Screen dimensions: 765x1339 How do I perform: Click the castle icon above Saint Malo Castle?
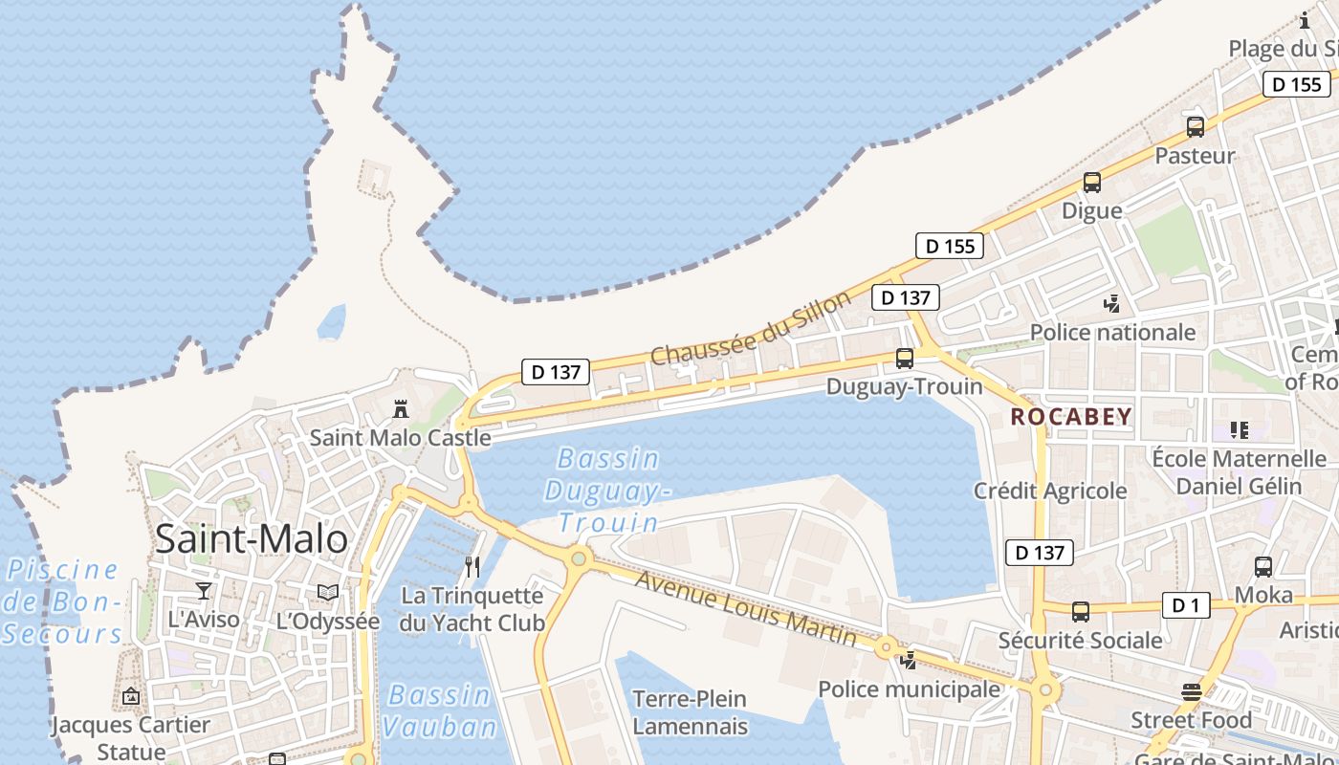tap(401, 409)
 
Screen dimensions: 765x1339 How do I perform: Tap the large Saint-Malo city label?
tap(252, 539)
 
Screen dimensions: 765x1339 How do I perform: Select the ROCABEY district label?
tap(1071, 417)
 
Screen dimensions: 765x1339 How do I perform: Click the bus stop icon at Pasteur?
tap(1196, 126)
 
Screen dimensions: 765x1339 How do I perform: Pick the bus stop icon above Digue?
tap(1092, 182)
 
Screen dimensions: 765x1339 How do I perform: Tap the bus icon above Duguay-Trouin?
tap(904, 359)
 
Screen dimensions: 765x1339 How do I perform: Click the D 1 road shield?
tap(1185, 604)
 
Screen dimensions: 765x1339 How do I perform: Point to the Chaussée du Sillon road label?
tap(750, 328)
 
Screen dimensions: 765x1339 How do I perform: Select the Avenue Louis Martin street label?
tap(746, 608)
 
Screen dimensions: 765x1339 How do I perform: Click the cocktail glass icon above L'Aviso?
tap(203, 591)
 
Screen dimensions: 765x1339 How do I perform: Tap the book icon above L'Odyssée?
tap(328, 593)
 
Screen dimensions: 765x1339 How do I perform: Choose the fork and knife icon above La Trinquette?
tap(472, 567)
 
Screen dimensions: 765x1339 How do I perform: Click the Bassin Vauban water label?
tap(440, 710)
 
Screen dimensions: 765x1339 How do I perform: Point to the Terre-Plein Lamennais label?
tap(690, 712)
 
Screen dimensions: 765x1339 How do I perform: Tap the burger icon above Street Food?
tap(1191, 691)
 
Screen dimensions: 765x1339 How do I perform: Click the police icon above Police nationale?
tap(1111, 304)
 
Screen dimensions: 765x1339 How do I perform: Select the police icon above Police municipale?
tap(908, 660)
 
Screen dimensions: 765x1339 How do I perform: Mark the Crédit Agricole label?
tap(1050, 491)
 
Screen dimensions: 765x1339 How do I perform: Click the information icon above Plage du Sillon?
tap(1305, 20)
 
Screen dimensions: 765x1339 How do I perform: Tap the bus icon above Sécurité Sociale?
tap(1081, 611)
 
